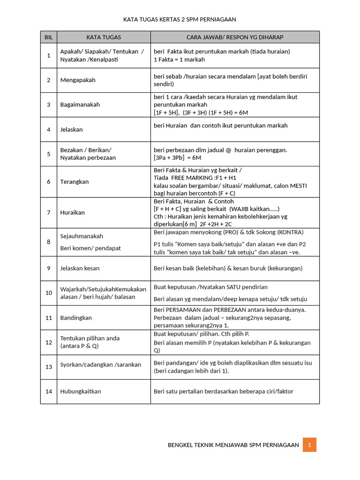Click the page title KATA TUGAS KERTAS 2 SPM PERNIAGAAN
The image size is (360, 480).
coord(180,20)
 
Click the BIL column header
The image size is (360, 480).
coord(48,37)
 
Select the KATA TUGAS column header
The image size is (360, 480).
coord(104,37)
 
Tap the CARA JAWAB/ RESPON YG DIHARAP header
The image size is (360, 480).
coord(235,37)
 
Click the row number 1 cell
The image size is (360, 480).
coord(48,56)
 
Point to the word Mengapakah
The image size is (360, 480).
coord(78,80)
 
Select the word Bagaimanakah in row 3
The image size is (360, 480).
coord(80,105)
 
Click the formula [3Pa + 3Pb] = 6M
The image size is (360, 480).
coord(178,158)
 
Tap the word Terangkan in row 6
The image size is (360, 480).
coord(75,181)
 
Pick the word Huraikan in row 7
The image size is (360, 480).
coord(73,212)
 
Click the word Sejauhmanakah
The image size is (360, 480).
coord(82,236)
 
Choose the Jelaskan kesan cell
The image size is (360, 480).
coord(80,269)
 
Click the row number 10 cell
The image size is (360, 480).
coord(48,293)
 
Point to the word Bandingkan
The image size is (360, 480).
coord(76,318)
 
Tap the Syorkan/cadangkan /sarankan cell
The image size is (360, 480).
coord(101,365)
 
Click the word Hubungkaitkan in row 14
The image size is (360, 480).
coord(81,391)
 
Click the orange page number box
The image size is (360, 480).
coord(309,445)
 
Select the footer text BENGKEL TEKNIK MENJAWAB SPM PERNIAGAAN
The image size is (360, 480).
coord(233,445)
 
